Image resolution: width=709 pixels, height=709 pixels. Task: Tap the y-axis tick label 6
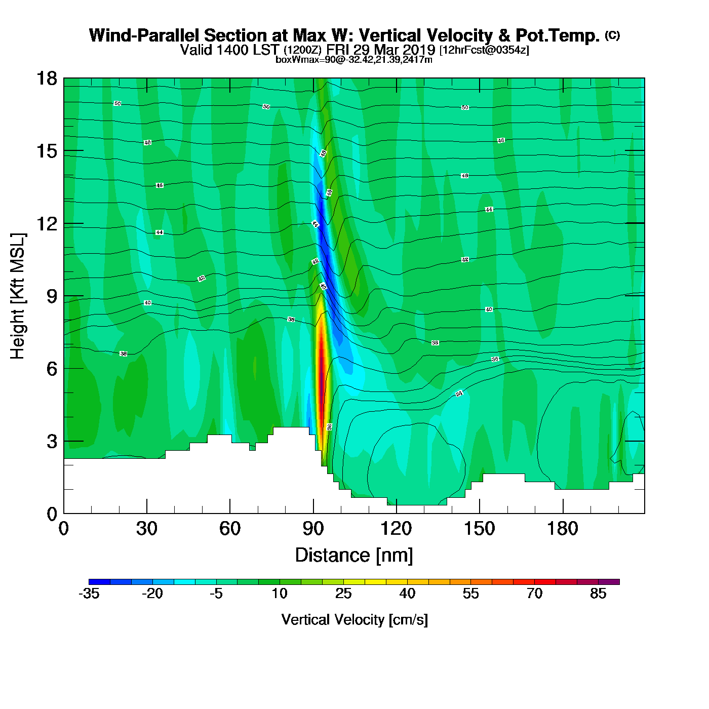pyautogui.click(x=52, y=369)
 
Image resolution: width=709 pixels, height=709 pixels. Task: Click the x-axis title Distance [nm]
pyautogui.click(x=354, y=556)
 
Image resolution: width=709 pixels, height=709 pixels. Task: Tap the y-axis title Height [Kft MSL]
pyautogui.click(x=18, y=296)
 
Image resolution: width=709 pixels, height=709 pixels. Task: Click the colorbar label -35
pyautogui.click(x=89, y=594)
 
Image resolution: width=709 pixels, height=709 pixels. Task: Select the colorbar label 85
pyautogui.click(x=598, y=594)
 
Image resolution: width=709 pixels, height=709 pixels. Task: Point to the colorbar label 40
pyautogui.click(x=407, y=594)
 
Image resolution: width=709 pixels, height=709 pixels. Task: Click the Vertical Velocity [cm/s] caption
pyautogui.click(x=354, y=620)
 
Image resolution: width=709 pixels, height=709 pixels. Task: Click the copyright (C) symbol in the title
pyautogui.click(x=612, y=35)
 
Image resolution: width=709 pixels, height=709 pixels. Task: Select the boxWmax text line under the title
pyautogui.click(x=354, y=60)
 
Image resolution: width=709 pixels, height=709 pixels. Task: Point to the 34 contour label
pyautogui.click(x=459, y=393)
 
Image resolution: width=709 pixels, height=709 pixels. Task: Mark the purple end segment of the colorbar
pyautogui.click(x=609, y=582)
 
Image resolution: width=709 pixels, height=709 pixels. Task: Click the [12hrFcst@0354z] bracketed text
pyautogui.click(x=484, y=50)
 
